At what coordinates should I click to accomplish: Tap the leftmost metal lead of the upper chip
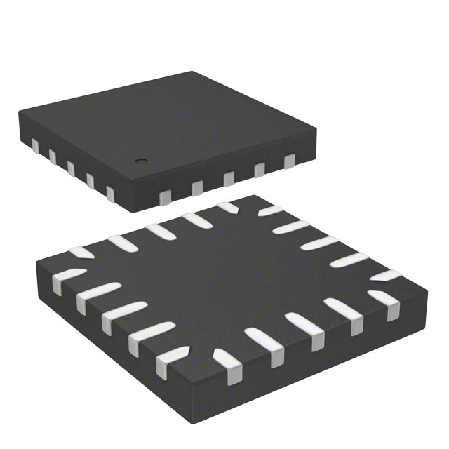tap(34, 145)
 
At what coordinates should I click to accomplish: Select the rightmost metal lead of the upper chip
tap(289, 162)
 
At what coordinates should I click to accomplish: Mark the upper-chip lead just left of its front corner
tap(109, 192)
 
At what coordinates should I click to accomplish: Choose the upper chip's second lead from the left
tap(52, 156)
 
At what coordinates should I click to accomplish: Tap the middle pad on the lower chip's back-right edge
tap(319, 243)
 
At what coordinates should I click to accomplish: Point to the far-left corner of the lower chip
tap(35, 261)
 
